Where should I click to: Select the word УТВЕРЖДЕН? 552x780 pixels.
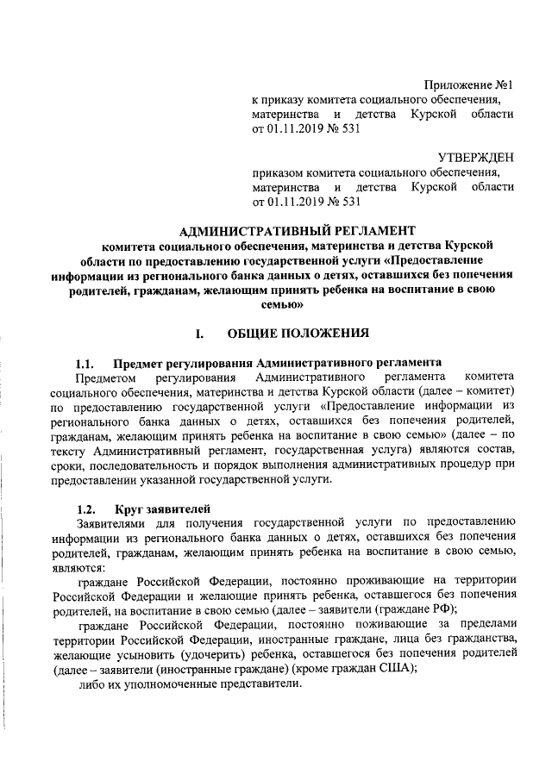pos(475,158)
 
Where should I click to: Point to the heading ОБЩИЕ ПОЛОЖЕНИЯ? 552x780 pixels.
pos(299,332)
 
